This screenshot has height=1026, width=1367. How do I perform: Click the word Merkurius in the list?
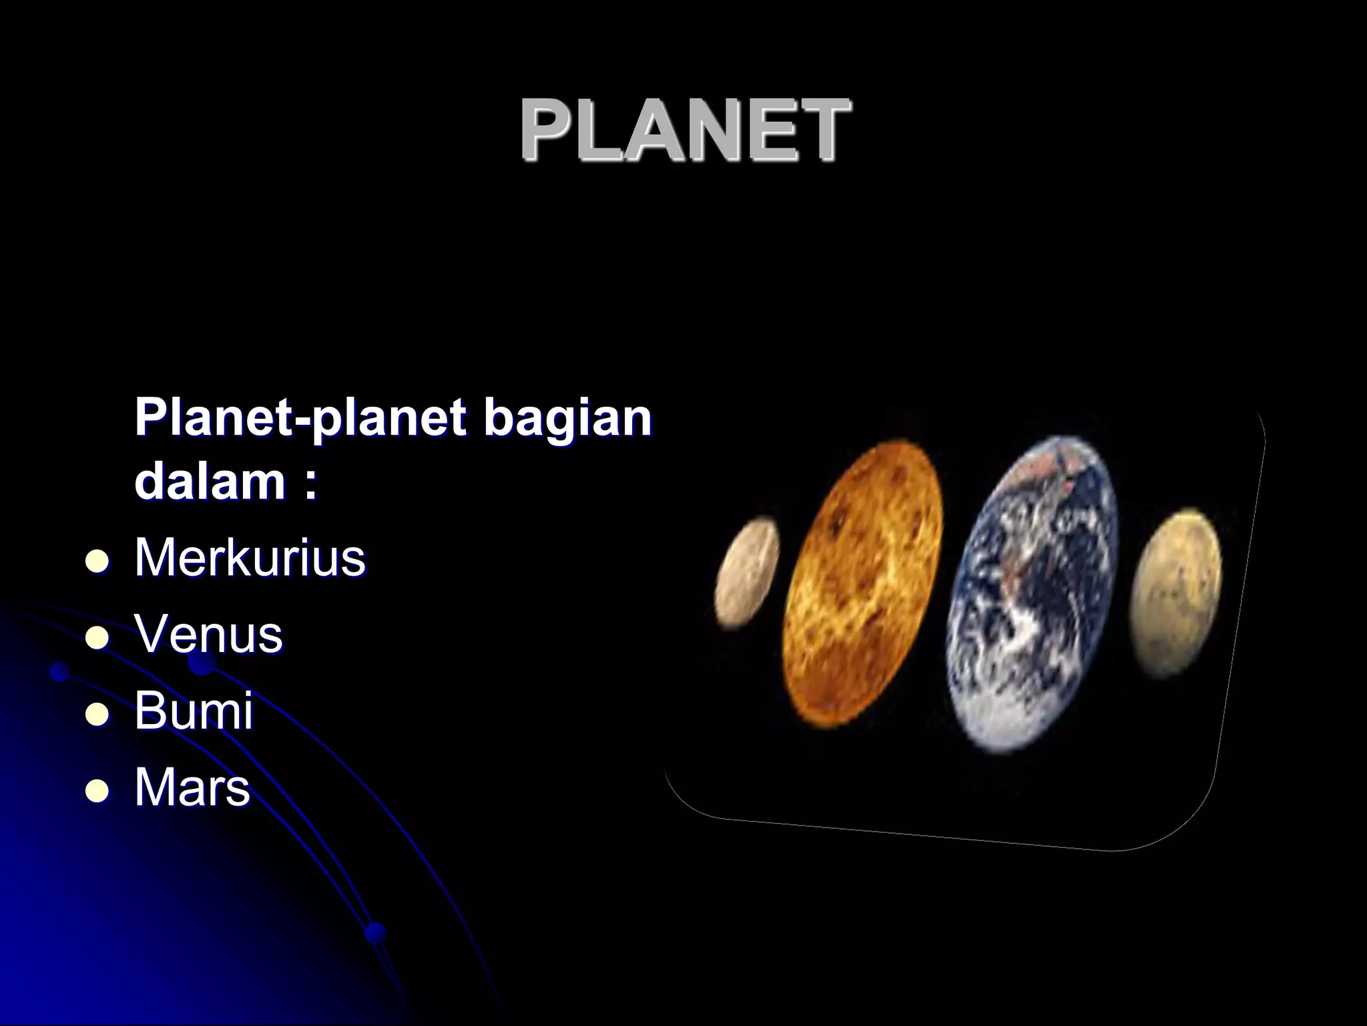pyautogui.click(x=250, y=557)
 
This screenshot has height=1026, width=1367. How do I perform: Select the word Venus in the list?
pyautogui.click(x=208, y=634)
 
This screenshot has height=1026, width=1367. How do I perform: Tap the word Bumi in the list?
pyautogui.click(x=194, y=710)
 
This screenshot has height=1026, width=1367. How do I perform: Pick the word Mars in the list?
pyautogui.click(x=192, y=787)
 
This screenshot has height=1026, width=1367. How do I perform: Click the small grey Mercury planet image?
pyautogui.click(x=747, y=572)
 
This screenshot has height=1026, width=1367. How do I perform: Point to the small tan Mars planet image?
pyautogui.click(x=1177, y=591)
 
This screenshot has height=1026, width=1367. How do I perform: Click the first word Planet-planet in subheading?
pyautogui.click(x=300, y=418)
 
